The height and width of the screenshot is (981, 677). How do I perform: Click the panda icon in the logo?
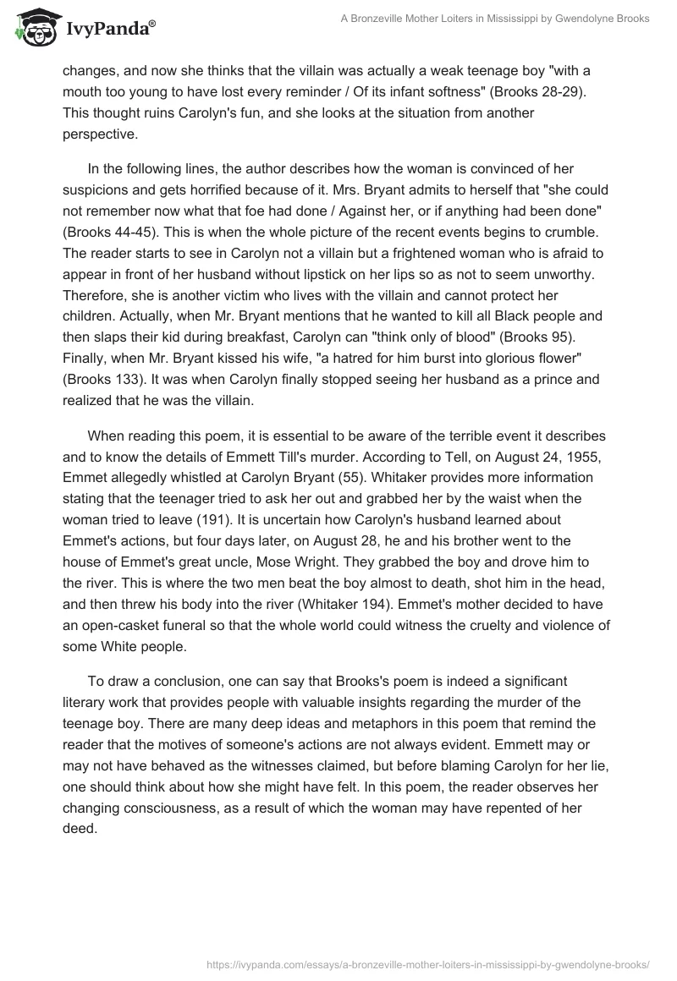(35, 28)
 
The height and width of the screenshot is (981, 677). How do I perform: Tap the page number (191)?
(348, 498)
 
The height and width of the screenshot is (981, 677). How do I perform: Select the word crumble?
(537, 230)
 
